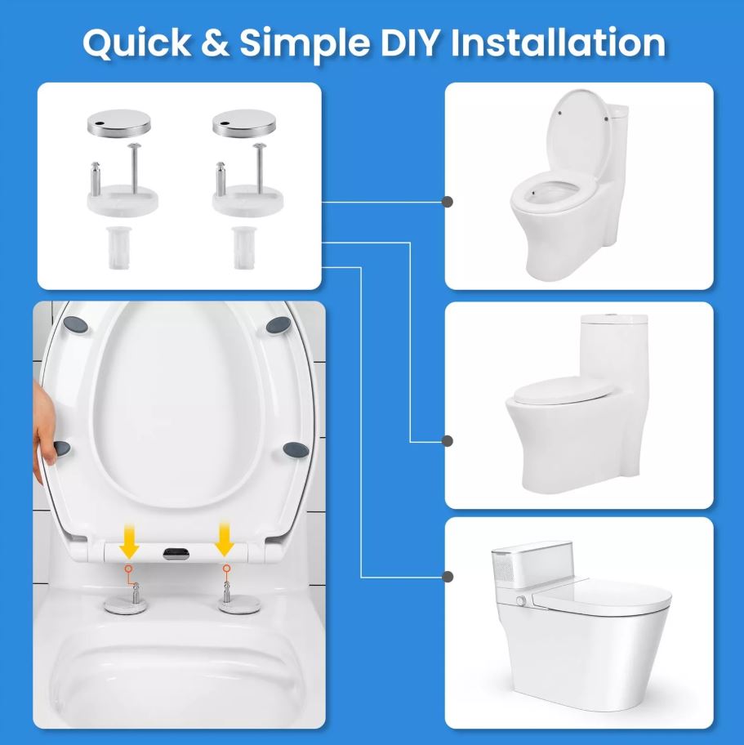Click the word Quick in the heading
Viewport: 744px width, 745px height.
136,42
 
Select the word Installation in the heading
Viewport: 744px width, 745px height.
558,42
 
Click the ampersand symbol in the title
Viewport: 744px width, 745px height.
215,42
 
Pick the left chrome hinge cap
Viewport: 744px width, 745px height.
118,122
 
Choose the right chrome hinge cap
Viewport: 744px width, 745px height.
244,122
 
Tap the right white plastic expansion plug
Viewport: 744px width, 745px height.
242,248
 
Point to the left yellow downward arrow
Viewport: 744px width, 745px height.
129,541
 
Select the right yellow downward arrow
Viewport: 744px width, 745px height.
225,540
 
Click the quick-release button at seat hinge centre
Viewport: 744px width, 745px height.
176,553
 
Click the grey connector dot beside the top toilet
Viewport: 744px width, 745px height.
447,202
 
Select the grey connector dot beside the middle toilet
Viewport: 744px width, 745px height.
447,441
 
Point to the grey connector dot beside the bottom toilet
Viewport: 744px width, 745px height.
447,577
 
